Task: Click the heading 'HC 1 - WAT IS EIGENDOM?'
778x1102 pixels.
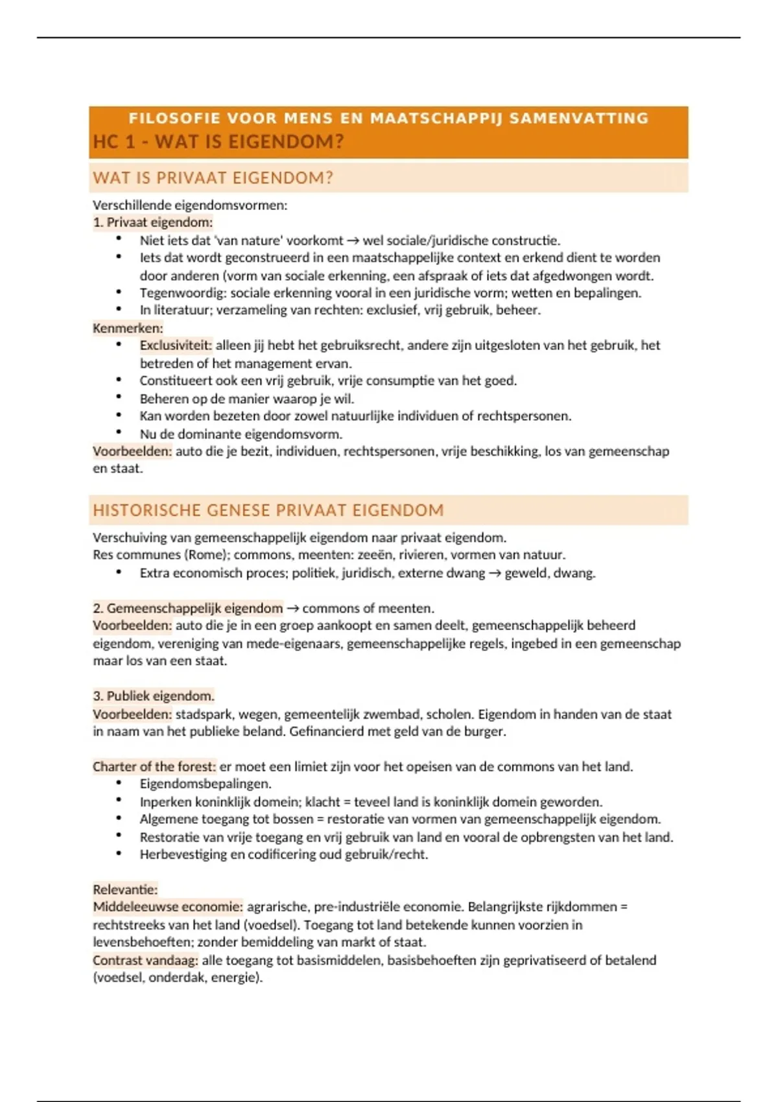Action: tap(218, 142)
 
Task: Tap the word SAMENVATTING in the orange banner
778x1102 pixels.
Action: tap(579, 118)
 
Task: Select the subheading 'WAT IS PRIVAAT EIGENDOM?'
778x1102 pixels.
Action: tap(213, 178)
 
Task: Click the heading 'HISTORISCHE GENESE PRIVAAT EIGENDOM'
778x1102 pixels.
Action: tap(268, 510)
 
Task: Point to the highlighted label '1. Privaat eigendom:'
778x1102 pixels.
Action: tap(153, 222)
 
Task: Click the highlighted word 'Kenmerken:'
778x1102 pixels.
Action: tap(128, 328)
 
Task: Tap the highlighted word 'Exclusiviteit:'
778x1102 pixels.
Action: tap(176, 346)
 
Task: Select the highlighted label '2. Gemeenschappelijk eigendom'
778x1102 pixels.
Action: tap(188, 608)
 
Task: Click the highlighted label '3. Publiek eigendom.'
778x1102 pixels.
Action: tap(154, 696)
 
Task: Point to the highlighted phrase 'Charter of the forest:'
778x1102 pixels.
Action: tap(154, 766)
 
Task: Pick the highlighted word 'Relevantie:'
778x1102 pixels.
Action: tap(125, 889)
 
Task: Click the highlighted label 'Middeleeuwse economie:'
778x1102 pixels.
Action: tap(168, 907)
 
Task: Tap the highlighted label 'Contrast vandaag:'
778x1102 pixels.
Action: tap(145, 960)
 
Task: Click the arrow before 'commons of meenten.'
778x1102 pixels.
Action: tap(292, 608)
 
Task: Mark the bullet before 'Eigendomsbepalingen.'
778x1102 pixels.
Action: tap(119, 783)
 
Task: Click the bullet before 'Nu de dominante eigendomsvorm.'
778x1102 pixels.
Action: tap(119, 433)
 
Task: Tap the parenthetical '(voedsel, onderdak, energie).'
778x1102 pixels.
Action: tap(178, 978)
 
